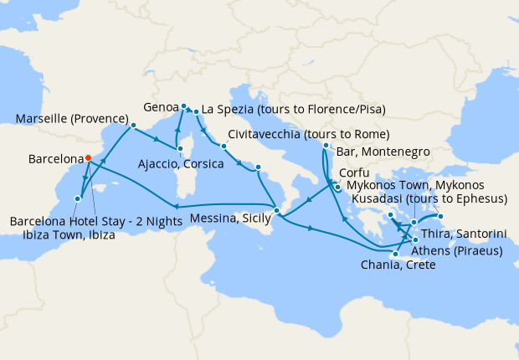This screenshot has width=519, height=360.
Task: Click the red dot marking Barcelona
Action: tap(88, 157)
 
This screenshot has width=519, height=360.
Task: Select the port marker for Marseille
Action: tap(133, 126)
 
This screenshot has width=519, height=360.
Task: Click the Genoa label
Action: tap(161, 108)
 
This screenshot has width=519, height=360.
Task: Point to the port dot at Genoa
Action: tap(183, 106)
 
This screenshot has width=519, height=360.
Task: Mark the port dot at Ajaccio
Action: tap(180, 150)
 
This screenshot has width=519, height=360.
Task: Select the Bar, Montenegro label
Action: tap(384, 152)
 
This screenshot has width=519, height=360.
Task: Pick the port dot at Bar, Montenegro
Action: tap(326, 147)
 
